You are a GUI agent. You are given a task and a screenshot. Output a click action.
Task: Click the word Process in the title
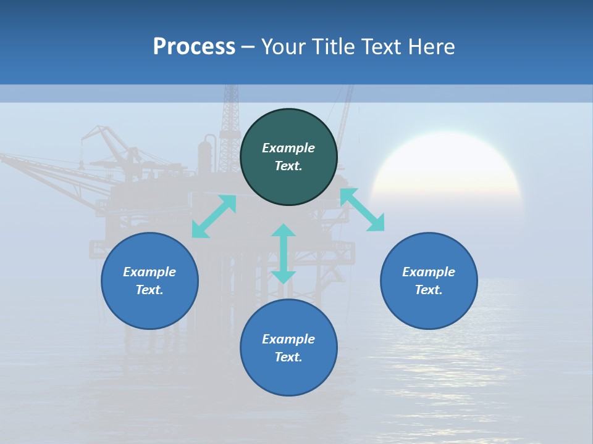194,47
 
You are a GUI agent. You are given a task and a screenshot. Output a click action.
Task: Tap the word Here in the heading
431,47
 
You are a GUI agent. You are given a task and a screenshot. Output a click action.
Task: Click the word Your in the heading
284,47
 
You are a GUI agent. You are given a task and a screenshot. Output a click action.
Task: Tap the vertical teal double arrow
284,253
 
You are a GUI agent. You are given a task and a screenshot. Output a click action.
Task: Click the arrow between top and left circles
214,216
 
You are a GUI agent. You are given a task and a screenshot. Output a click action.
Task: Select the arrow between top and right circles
362,210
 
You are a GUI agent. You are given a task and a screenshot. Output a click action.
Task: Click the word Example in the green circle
288,148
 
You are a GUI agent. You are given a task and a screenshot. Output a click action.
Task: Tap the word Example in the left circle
149,272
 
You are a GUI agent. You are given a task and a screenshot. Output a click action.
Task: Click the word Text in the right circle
429,290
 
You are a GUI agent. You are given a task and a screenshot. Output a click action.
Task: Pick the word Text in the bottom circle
288,357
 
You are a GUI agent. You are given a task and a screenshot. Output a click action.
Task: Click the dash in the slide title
248,47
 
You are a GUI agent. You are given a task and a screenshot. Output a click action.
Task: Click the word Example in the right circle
429,272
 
